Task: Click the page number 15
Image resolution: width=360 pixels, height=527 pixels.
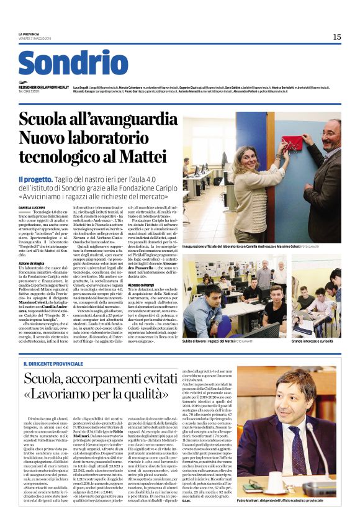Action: click(336, 37)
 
